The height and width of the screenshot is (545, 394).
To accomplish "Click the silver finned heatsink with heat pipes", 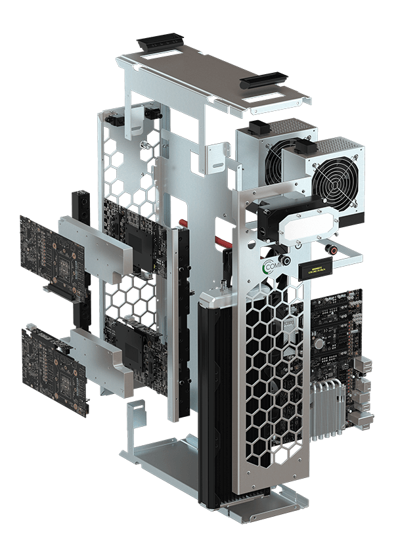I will click(x=328, y=407).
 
